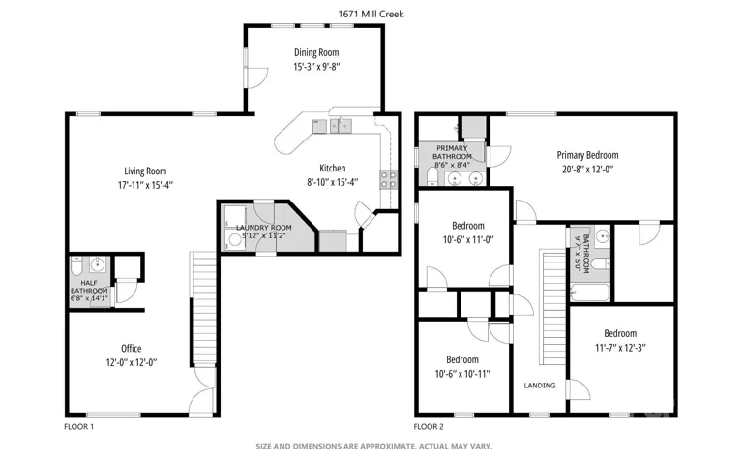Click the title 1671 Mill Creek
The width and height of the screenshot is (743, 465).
(371, 15)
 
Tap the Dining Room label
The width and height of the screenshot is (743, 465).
(316, 52)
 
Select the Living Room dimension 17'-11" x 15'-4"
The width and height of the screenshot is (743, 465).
(145, 185)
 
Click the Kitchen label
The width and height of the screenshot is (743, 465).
(332, 168)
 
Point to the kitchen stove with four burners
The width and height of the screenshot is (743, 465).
(389, 180)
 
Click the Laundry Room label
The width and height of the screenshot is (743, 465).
(264, 228)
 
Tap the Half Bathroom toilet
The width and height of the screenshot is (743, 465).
(76, 265)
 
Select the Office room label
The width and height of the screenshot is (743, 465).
(132, 349)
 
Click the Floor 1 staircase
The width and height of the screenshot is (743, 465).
(205, 308)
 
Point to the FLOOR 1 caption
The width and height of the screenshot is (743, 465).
(78, 427)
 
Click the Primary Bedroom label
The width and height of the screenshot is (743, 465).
(587, 155)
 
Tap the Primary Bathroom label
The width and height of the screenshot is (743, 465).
(452, 152)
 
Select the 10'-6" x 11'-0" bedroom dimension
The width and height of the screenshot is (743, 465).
(468, 240)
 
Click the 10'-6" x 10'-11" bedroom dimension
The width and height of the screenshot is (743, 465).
(462, 374)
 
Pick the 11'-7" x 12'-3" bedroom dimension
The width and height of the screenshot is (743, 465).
(620, 348)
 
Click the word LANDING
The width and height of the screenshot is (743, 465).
(540, 386)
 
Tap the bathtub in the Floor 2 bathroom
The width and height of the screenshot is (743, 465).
(589, 293)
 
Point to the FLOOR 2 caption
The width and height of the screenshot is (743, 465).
(429, 427)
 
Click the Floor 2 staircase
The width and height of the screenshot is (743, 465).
(554, 308)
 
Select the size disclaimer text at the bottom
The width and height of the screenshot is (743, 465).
(373, 446)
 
